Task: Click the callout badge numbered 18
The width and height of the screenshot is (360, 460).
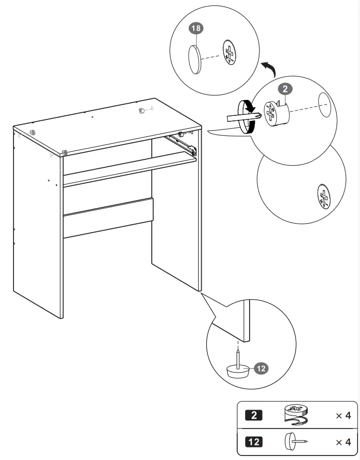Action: pos(196,28)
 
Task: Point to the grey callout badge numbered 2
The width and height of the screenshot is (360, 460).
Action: pos(285,89)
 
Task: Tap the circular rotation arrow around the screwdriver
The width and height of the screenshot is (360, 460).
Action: pos(246,116)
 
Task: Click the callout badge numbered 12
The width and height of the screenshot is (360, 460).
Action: pos(261,369)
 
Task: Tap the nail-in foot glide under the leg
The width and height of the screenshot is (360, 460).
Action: pos(238,369)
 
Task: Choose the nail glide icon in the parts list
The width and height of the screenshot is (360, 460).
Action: pos(295,442)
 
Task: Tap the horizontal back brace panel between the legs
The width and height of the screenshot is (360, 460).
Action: pos(108,218)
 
